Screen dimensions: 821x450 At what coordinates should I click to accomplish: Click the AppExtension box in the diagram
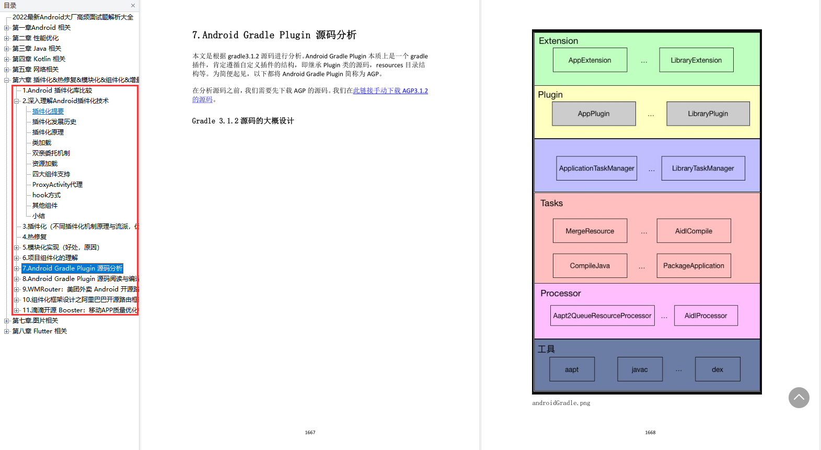(589, 60)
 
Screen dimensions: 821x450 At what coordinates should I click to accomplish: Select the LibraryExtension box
(696, 60)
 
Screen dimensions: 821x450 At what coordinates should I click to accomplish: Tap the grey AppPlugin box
(594, 114)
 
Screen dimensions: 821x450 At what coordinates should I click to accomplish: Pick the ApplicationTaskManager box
(596, 168)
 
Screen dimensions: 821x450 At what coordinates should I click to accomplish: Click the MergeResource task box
(589, 231)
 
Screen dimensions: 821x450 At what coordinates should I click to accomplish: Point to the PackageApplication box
(693, 266)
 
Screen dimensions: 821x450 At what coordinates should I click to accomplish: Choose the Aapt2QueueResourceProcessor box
(602, 316)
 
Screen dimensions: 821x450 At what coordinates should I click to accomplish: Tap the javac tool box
(640, 369)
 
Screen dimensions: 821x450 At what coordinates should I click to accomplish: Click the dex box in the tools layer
(718, 369)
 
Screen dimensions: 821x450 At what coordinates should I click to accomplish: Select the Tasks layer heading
(551, 203)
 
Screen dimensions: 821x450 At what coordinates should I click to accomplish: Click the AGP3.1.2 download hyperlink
(390, 91)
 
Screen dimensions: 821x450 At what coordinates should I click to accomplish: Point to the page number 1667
(310, 433)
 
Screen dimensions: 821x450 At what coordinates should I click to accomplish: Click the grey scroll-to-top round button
(799, 398)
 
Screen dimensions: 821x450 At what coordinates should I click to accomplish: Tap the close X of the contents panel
(133, 6)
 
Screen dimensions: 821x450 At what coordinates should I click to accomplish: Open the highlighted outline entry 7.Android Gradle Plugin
(72, 268)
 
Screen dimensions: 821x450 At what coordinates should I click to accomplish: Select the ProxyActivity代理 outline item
(57, 185)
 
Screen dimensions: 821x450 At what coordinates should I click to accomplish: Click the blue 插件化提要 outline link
(48, 111)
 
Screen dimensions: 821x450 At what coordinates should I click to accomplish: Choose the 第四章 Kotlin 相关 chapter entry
(39, 59)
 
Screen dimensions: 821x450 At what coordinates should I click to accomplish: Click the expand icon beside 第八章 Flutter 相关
(7, 331)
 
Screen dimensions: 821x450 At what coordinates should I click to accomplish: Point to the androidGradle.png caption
(561, 403)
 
